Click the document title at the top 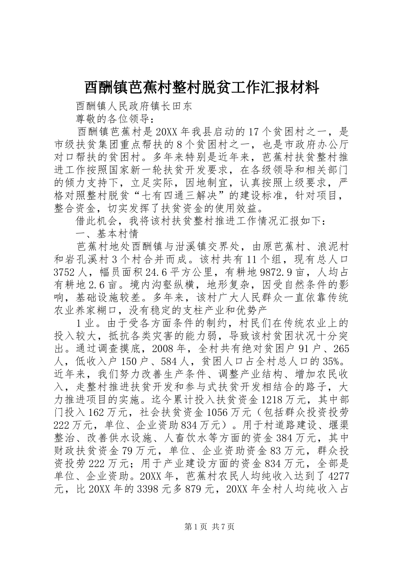click(202, 88)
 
